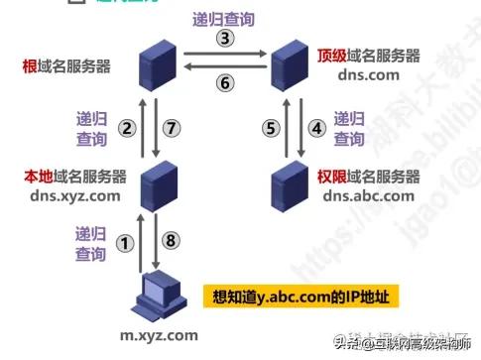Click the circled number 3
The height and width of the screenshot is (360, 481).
pyautogui.click(x=225, y=39)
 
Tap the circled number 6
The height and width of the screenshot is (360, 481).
pyautogui.click(x=225, y=84)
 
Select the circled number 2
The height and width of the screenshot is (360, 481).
pyautogui.click(x=126, y=127)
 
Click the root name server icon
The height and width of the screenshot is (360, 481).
pyautogui.click(x=155, y=62)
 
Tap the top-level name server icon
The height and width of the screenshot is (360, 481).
pyautogui.click(x=292, y=62)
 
